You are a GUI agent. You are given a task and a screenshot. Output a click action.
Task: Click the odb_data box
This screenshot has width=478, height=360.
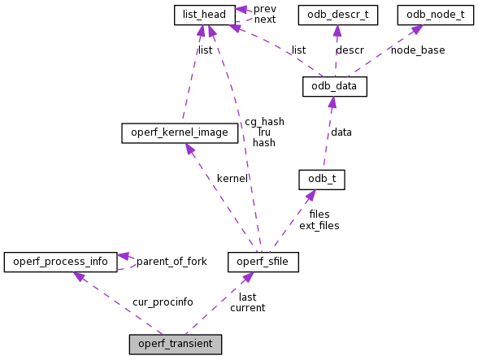coord(334,86)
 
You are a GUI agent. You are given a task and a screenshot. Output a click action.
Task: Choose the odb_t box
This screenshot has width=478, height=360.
coord(322,180)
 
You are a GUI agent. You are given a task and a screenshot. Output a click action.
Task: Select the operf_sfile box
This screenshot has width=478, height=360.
coord(263,262)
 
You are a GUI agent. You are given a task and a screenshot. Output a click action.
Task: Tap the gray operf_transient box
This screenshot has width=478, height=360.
coord(175,344)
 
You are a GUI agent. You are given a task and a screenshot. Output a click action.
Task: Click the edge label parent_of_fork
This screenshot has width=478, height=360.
coord(172,262)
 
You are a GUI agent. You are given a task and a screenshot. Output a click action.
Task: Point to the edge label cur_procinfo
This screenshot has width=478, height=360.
coord(163,302)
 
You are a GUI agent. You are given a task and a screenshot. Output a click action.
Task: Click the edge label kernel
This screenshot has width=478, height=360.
coord(232,179)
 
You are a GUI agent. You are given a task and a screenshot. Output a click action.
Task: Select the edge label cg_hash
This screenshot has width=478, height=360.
coord(264,122)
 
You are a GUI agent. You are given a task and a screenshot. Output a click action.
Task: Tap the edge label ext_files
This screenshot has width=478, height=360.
coord(319,225)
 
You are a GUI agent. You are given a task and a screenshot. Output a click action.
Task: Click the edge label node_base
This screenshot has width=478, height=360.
coord(418,50)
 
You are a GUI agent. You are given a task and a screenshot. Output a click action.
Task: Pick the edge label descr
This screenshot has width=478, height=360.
coord(350,50)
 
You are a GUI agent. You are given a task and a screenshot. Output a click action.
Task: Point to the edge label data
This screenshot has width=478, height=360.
coord(341,132)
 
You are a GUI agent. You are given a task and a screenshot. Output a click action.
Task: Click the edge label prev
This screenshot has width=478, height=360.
coord(264,9)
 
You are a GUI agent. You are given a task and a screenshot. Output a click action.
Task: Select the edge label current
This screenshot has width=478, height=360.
coord(247,308)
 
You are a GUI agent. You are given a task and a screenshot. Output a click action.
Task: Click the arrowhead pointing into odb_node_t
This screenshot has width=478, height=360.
coord(416,30)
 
